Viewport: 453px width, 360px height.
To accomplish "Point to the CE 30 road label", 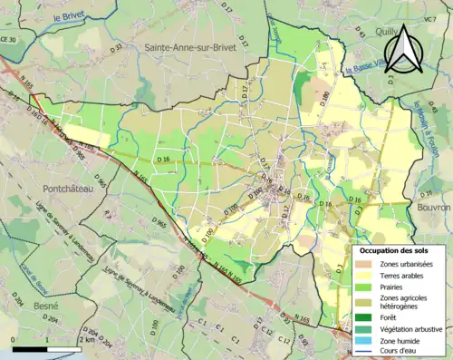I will tap(8, 39).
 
